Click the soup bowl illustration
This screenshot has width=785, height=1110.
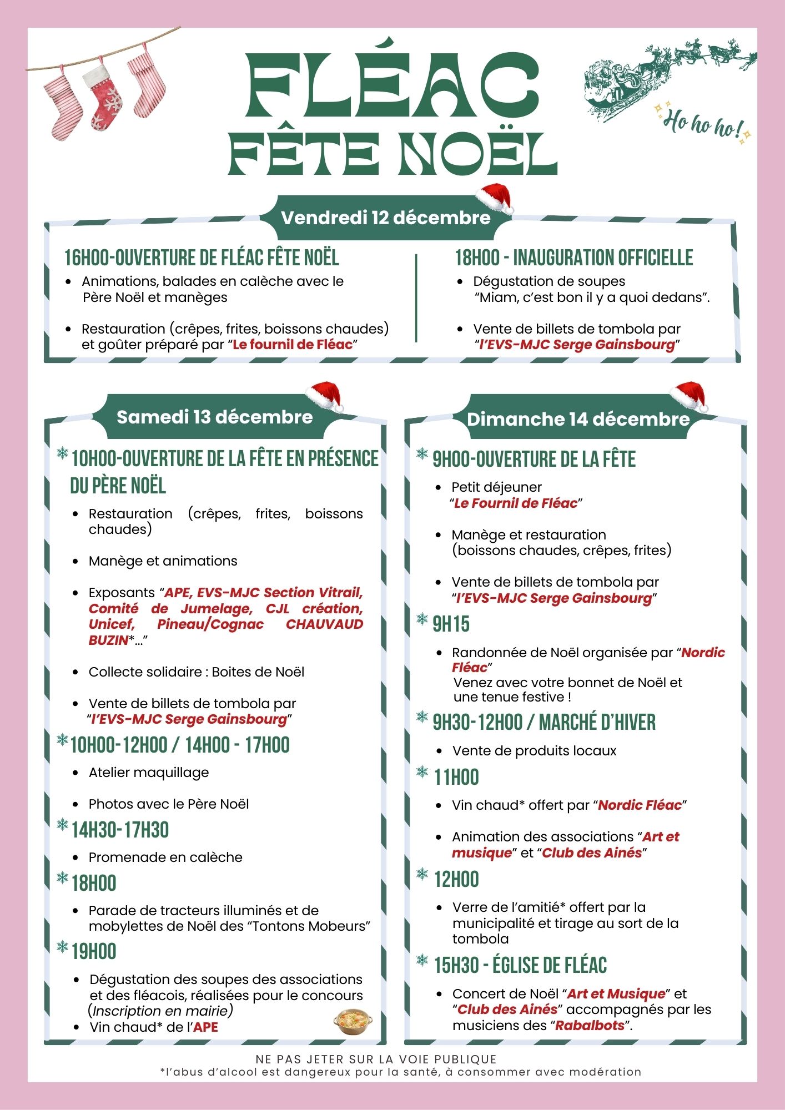[353, 1022]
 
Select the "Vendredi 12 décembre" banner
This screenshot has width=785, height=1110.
[386, 218]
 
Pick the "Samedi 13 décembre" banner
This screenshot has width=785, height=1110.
[215, 417]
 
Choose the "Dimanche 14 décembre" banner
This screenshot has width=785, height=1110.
[577, 419]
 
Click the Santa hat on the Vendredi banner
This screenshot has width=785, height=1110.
[495, 198]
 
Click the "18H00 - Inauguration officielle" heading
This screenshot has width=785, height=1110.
[574, 258]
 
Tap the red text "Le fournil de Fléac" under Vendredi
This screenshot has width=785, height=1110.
[293, 345]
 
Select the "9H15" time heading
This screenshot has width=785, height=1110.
[451, 624]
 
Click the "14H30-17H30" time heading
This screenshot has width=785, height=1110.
[120, 830]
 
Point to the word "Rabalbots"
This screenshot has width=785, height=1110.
[590, 1025]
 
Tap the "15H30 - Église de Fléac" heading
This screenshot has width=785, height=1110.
[520, 966]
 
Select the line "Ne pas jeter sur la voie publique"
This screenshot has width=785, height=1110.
[376, 1059]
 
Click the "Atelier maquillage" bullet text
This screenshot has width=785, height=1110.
[149, 773]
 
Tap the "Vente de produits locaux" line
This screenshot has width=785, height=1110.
[534, 751]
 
